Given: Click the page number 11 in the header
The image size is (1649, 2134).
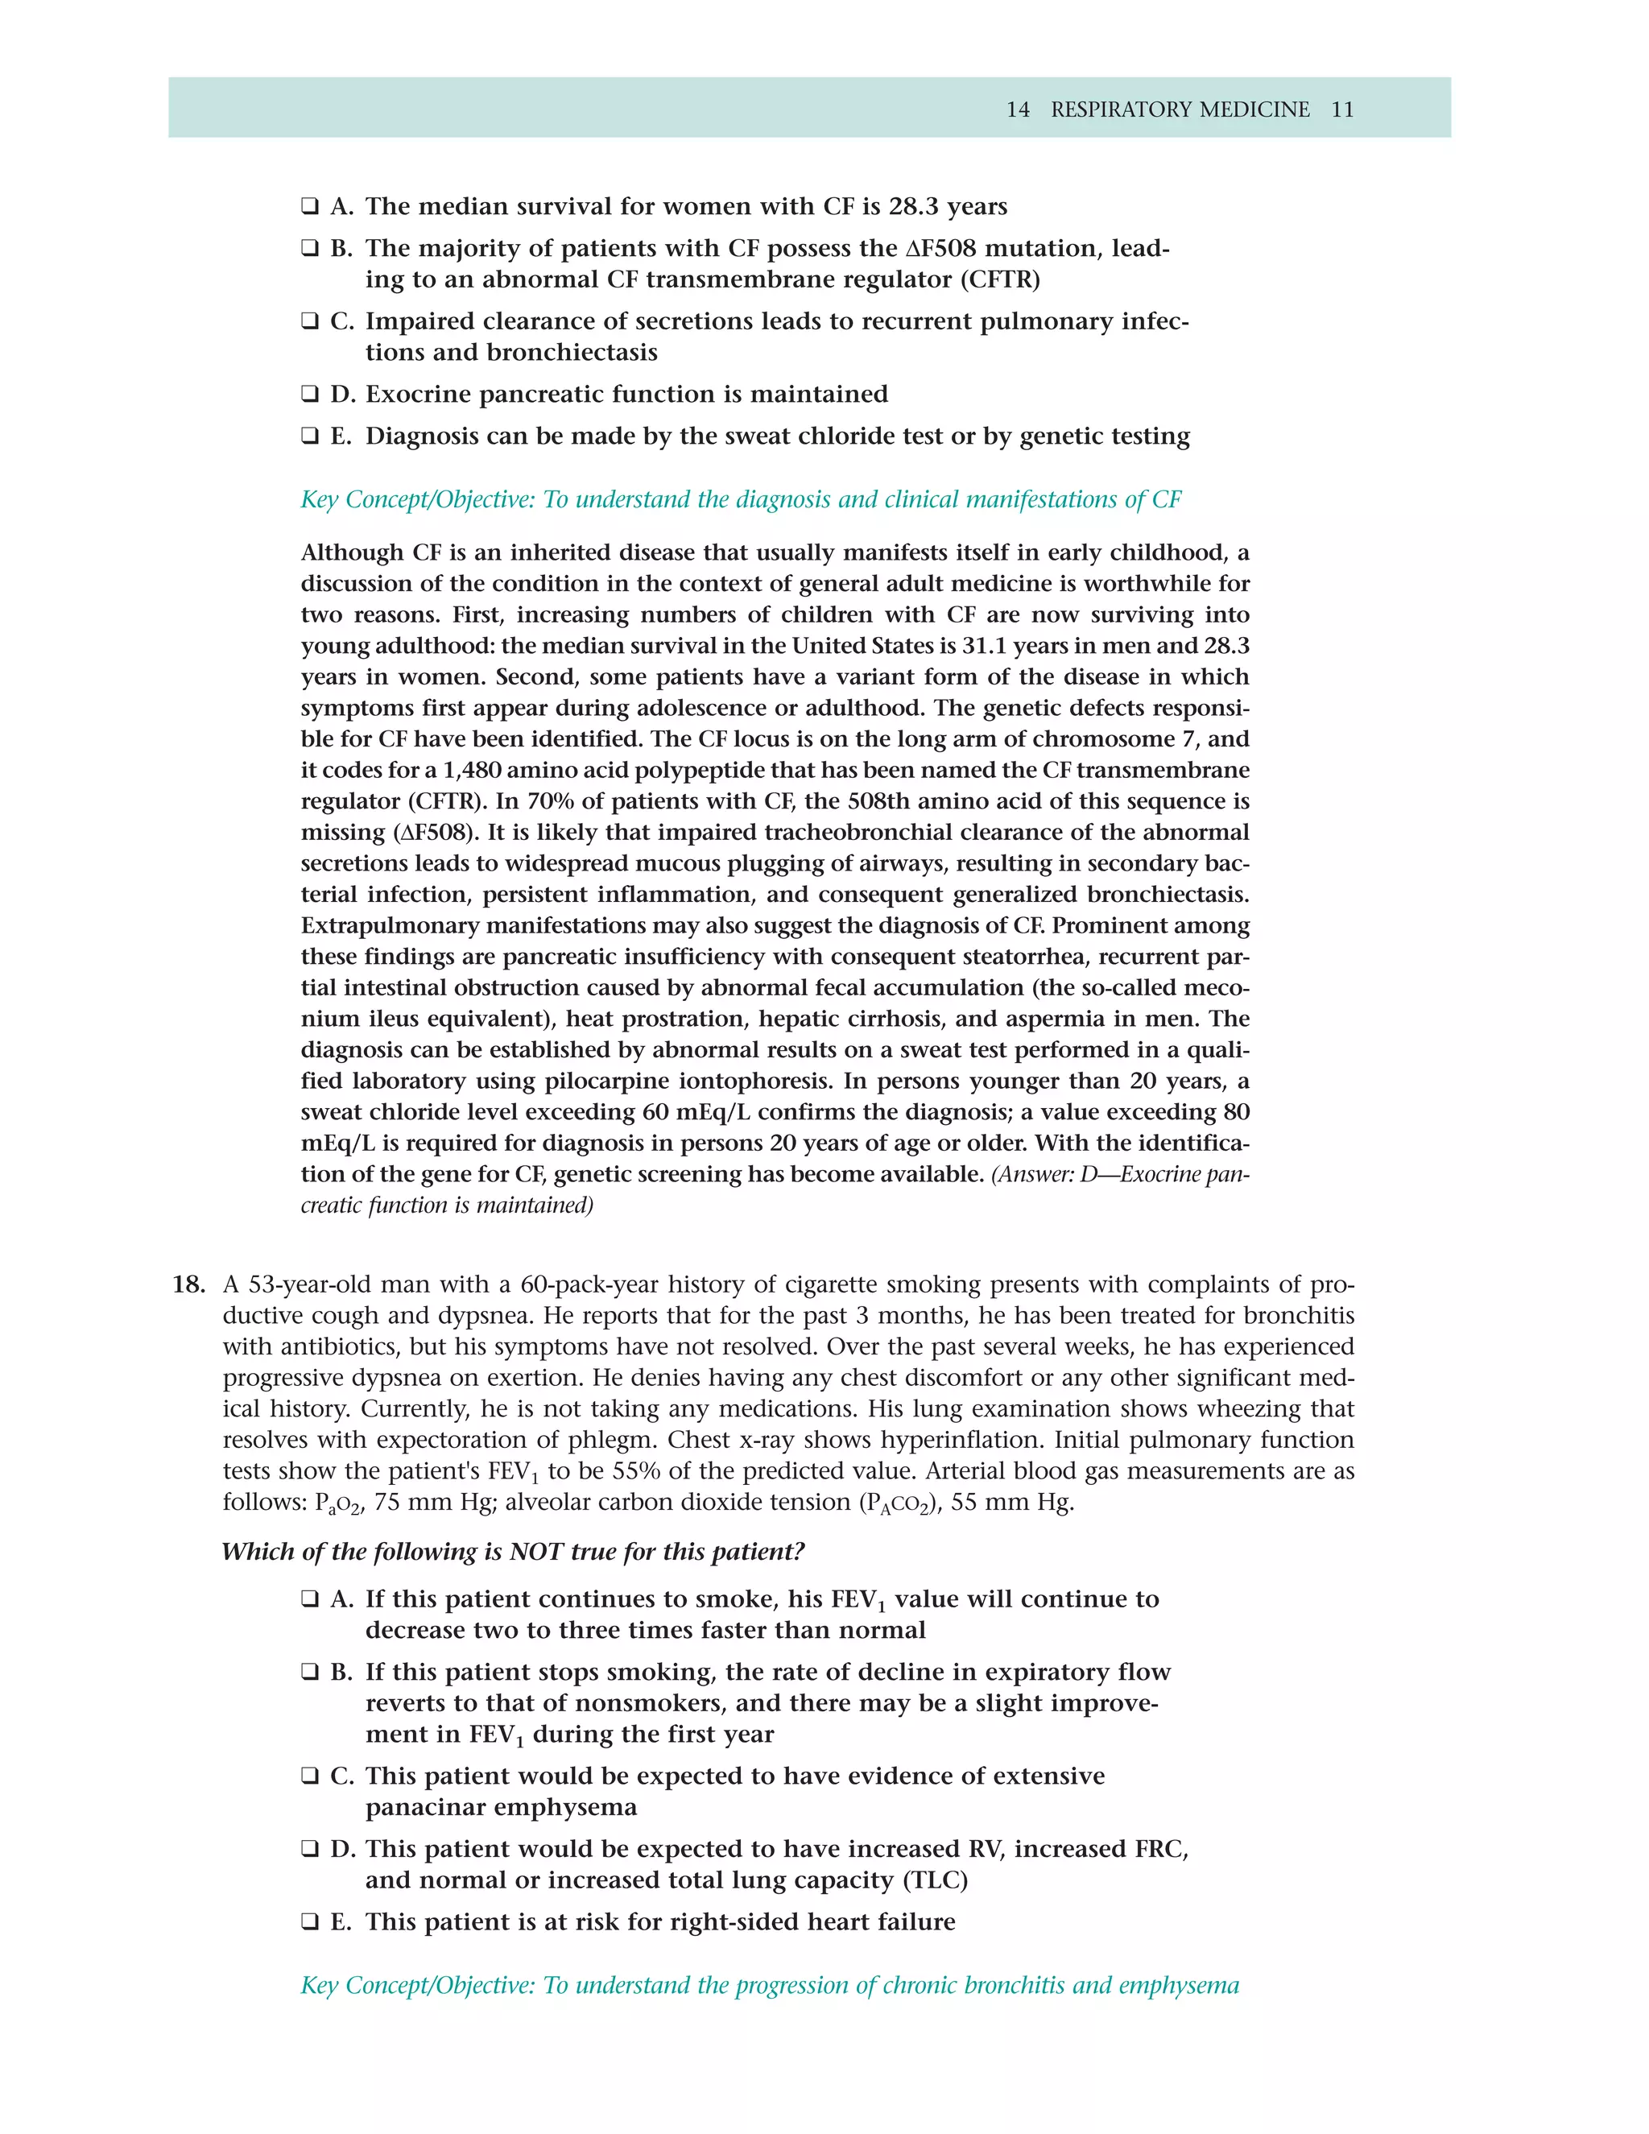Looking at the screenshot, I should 1342,110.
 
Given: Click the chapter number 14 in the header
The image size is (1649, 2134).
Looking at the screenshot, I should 1017,110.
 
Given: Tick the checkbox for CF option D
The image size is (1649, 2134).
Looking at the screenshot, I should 310,395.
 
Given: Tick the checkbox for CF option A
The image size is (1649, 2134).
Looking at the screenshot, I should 310,207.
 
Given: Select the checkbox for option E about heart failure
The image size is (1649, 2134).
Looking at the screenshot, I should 310,1922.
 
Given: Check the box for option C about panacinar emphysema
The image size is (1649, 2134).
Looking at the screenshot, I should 310,1776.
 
